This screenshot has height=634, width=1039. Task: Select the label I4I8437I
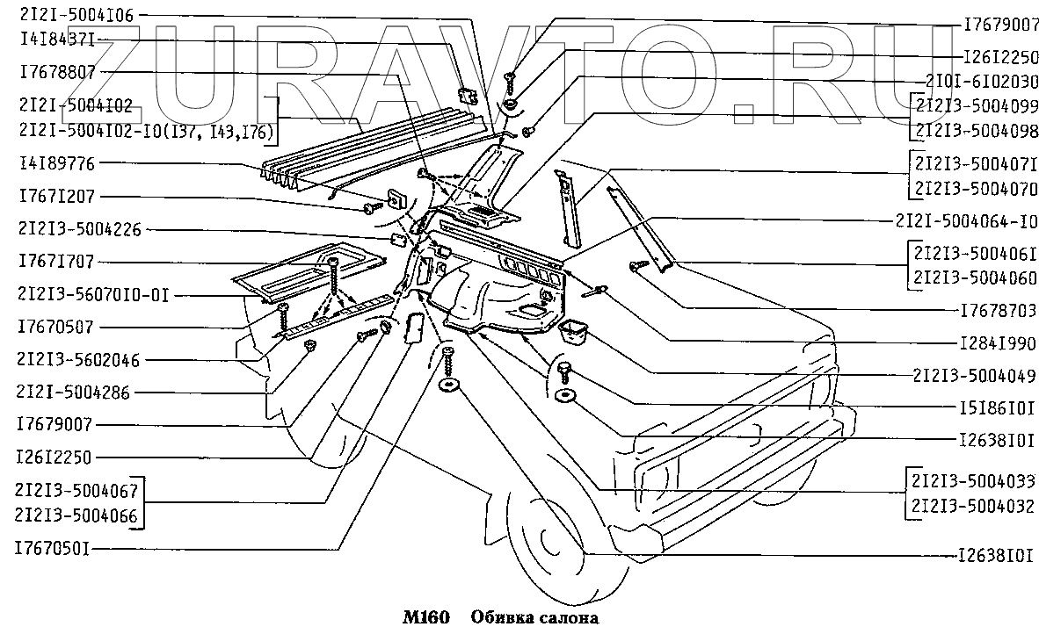click(54, 40)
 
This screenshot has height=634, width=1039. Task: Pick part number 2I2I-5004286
click(72, 393)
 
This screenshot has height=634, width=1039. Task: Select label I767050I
click(53, 549)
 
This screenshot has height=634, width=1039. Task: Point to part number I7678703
click(999, 311)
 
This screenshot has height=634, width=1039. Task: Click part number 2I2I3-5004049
click(975, 376)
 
